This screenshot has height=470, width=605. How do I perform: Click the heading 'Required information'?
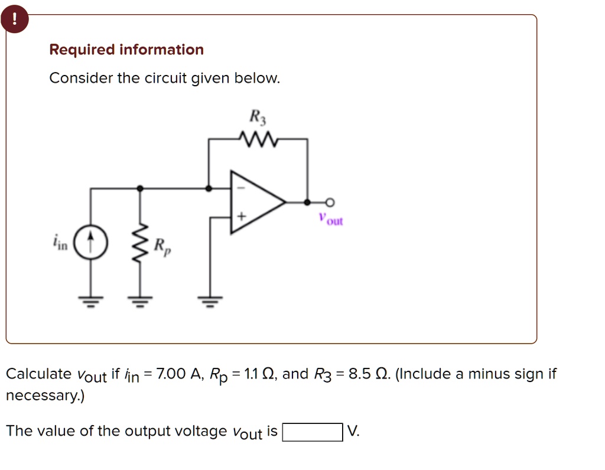(126, 50)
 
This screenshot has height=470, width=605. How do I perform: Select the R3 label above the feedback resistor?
(258, 117)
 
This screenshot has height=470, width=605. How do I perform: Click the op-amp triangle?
(255, 202)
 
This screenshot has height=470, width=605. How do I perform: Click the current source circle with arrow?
(90, 243)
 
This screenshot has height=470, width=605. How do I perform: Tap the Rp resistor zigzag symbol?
(140, 243)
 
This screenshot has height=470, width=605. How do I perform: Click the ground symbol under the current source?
(90, 302)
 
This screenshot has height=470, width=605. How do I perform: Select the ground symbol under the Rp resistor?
(140, 302)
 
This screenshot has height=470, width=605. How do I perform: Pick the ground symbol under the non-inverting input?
(210, 302)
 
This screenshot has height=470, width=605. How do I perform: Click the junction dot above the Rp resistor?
(140, 188)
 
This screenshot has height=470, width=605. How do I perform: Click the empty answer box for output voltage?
(313, 432)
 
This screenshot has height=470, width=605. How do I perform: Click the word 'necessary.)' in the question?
(45, 396)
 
